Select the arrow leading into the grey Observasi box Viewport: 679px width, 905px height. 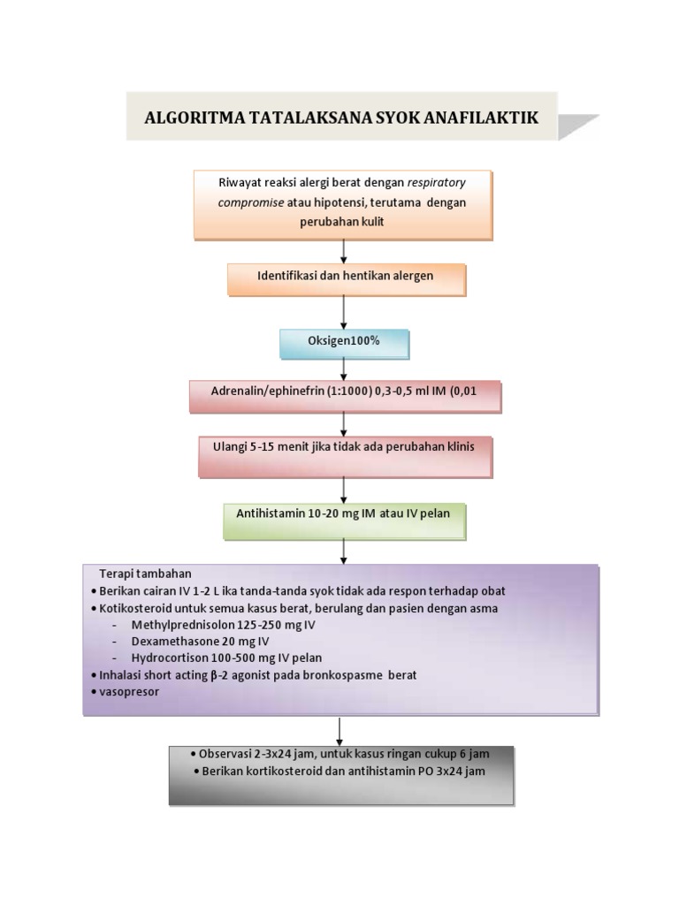340,731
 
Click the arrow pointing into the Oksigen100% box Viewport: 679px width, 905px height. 343,313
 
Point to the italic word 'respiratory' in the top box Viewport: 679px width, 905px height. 436,183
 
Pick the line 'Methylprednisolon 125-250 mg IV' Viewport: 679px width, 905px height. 223,624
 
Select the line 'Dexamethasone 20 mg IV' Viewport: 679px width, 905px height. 200,641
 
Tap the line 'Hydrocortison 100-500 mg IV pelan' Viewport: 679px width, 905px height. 226,658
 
